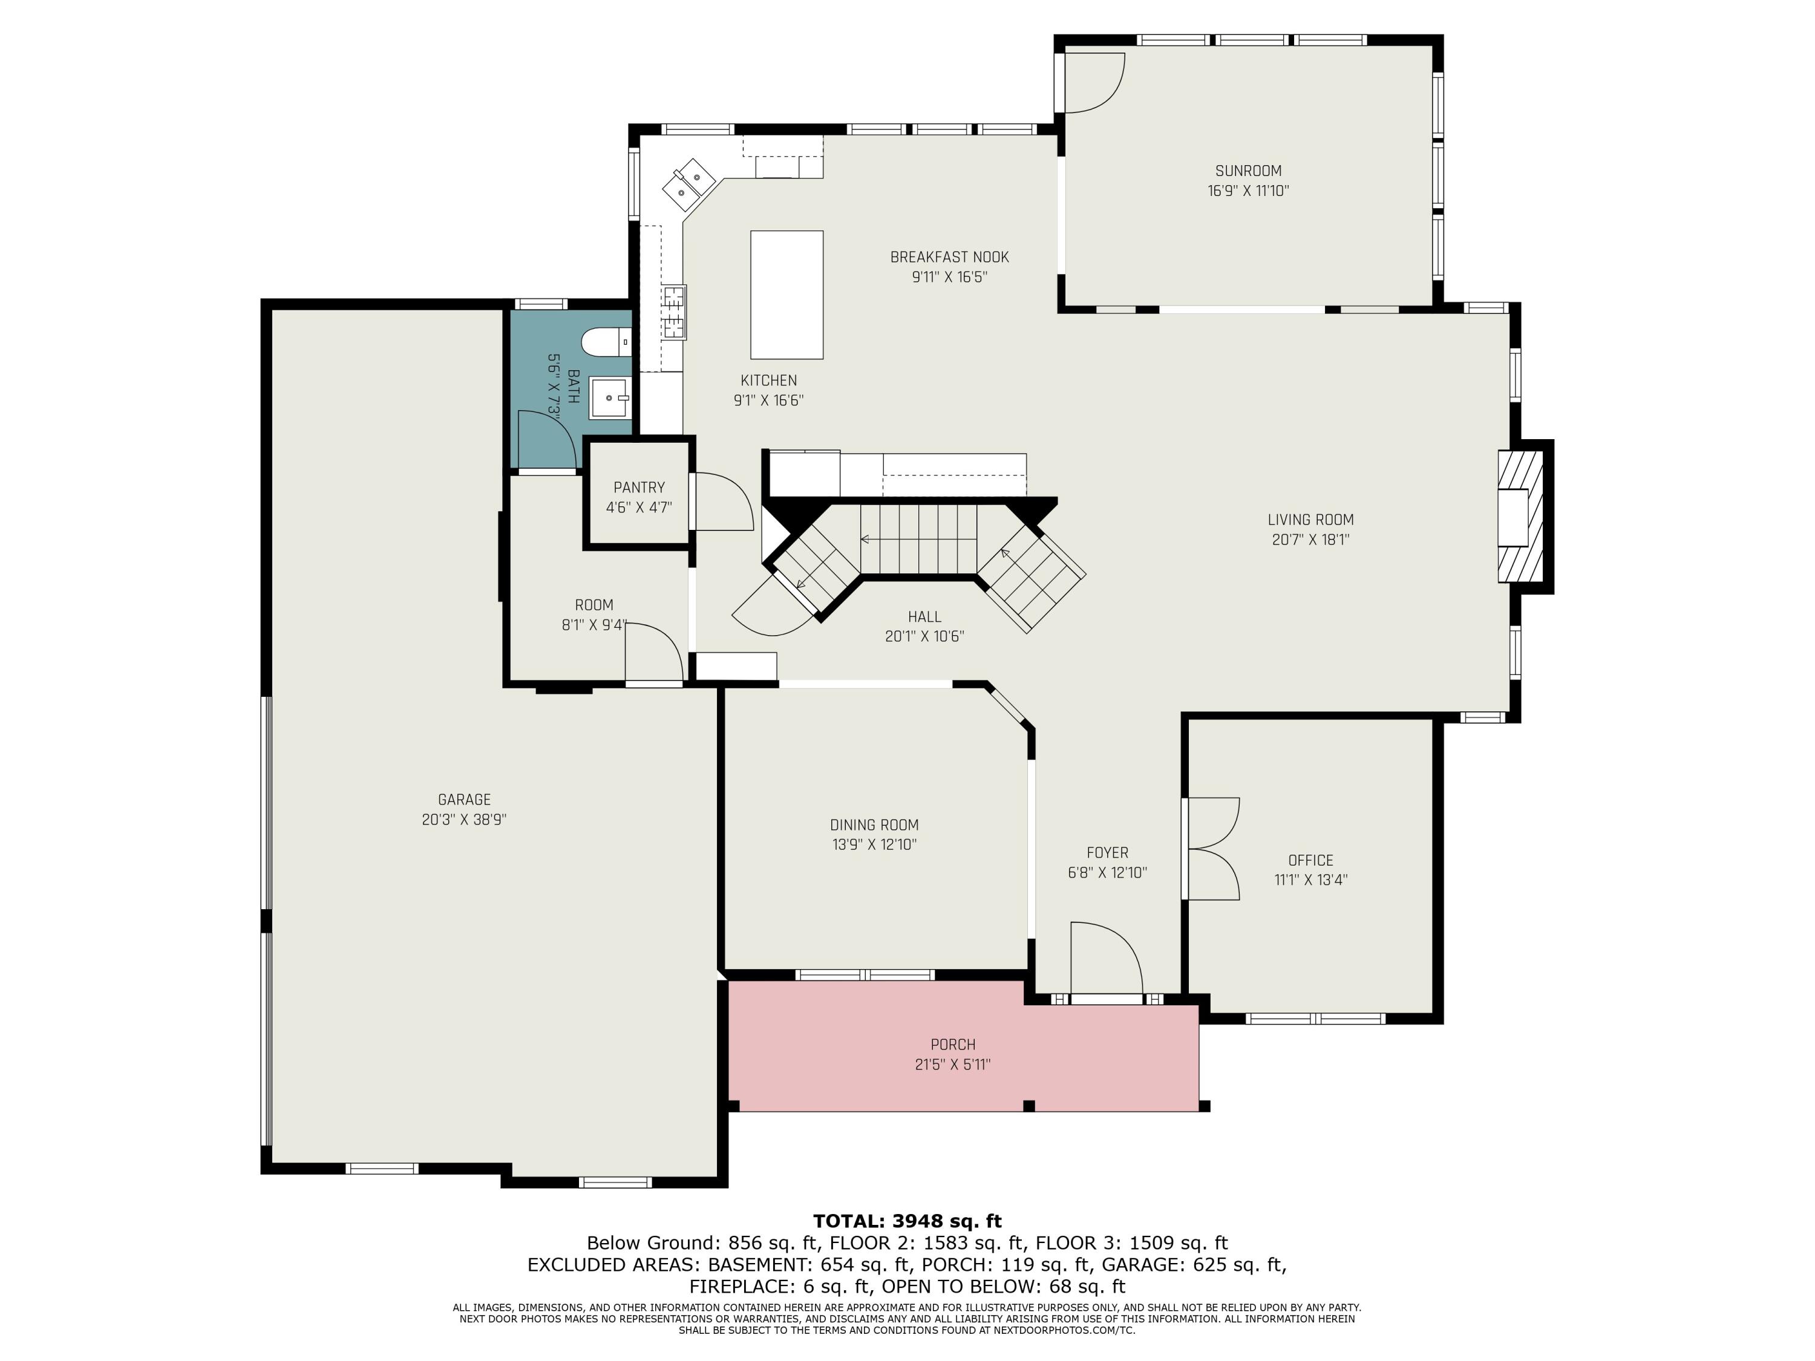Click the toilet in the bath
606,341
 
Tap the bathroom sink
610,398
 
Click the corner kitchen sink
688,186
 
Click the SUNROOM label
1248,171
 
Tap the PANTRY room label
639,488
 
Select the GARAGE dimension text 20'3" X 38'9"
465,820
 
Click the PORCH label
953,1044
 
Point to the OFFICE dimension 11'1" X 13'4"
1310,880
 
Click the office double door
1211,849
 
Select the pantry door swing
722,501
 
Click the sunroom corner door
1090,82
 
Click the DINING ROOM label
874,824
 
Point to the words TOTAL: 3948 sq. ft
907,1221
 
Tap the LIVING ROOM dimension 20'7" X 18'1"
1310,540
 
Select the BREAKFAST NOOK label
949,257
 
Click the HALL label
924,616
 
